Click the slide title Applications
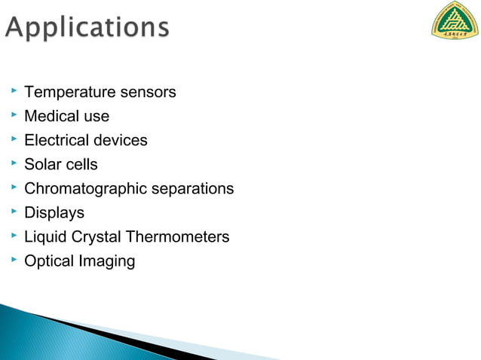click(87, 28)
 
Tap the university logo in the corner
click(454, 20)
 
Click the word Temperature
click(69, 93)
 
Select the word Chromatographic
click(85, 189)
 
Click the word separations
click(192, 189)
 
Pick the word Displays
click(54, 213)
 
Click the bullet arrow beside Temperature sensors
click(13, 91)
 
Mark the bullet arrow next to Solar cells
click(13, 163)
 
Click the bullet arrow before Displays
click(13, 212)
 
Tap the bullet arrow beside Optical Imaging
click(13, 260)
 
